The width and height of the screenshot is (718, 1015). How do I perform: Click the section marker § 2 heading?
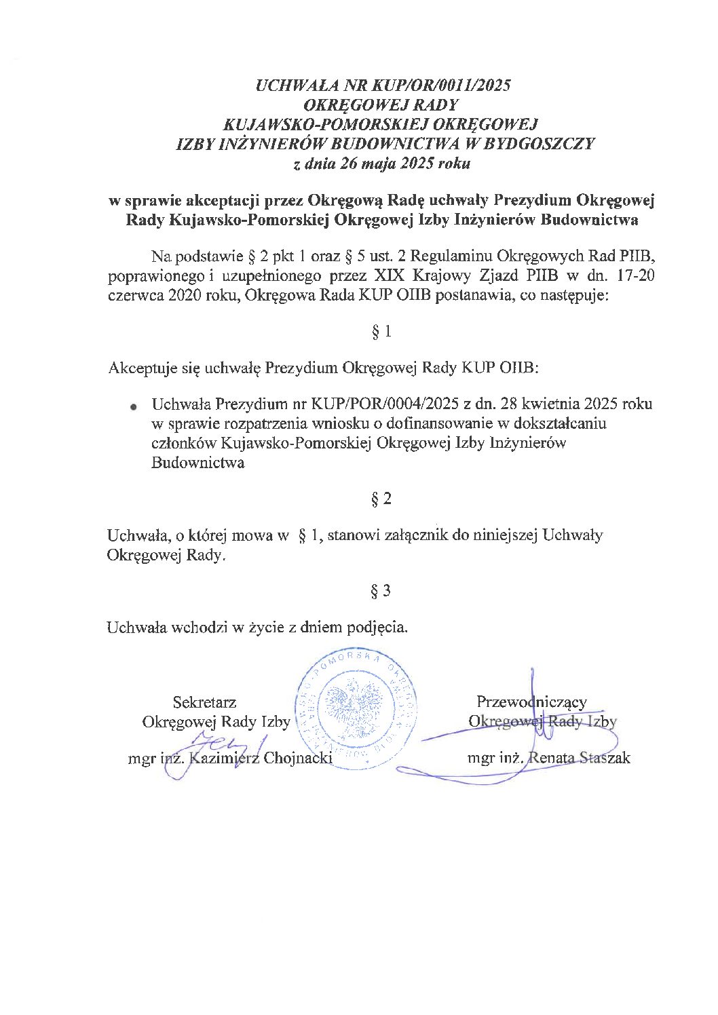381,499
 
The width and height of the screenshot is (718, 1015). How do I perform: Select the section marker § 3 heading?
381,591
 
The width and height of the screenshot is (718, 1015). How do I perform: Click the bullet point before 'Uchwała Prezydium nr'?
134,407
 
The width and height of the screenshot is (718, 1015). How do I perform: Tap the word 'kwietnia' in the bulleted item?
547,404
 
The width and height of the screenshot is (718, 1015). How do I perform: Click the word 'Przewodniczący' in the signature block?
531,702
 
